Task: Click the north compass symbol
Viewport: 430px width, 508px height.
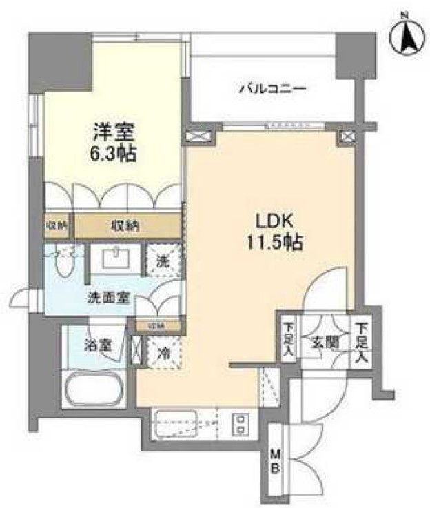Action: [406, 36]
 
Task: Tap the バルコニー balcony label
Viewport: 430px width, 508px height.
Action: [272, 89]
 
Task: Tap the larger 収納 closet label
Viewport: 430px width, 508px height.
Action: [128, 225]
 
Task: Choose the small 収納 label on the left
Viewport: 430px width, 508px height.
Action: [57, 225]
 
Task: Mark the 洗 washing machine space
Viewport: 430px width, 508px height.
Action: [163, 261]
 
